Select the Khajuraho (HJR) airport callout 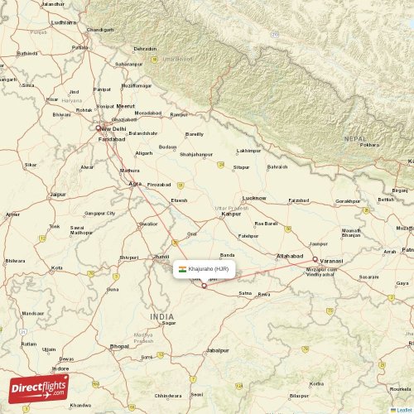coord(206,269)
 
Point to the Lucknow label coord(254,198)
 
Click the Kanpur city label coord(231,214)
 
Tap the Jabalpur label coord(218,351)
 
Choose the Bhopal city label coord(120,346)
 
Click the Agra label coord(135,184)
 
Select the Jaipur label coord(58,195)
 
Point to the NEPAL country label coord(355,139)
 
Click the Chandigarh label coord(100,29)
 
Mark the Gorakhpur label coord(348,201)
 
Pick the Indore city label coord(61,368)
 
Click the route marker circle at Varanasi coord(315,259)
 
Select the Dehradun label coord(145,49)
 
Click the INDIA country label coord(162,317)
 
